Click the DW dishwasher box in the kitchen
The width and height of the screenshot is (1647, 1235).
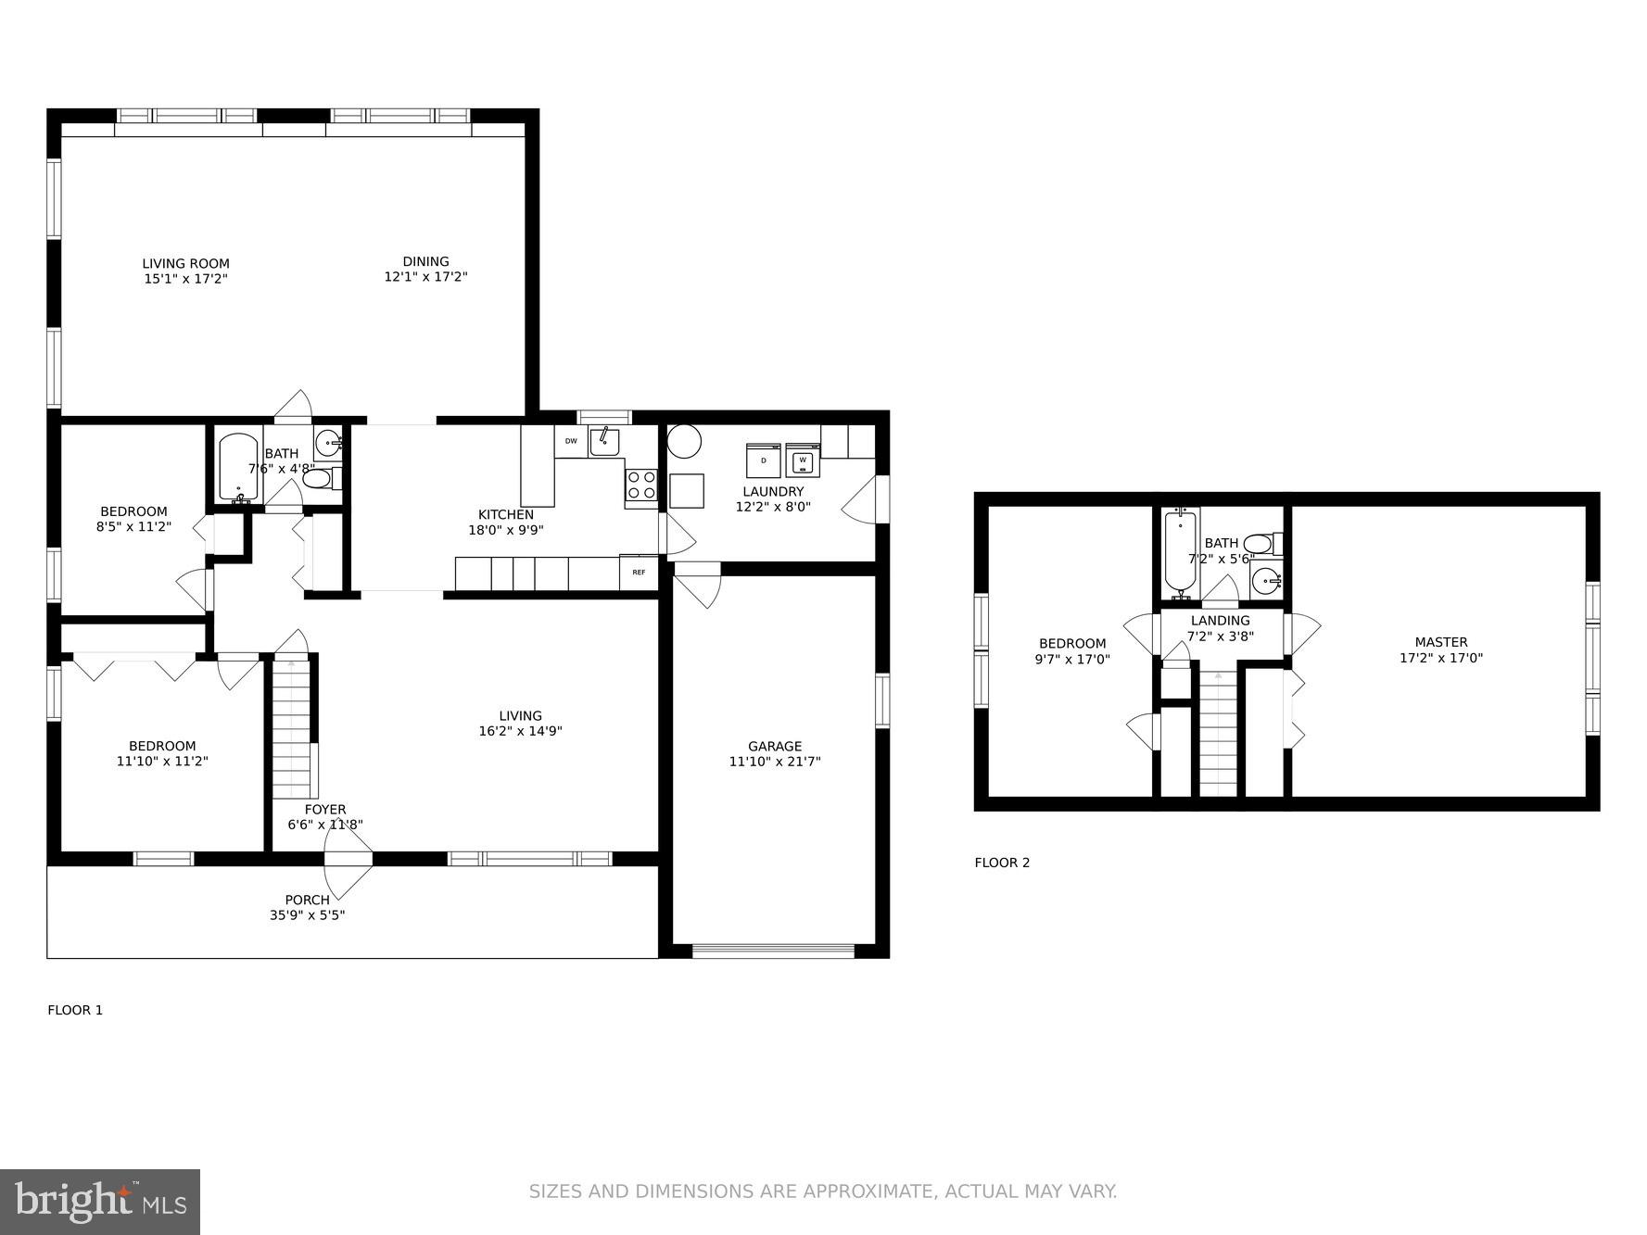(x=571, y=442)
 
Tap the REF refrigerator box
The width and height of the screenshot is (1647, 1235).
(x=639, y=573)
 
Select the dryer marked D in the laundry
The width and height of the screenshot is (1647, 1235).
(x=764, y=460)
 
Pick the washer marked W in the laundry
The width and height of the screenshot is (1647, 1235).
(x=803, y=460)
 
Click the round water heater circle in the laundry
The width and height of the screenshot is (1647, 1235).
(x=684, y=441)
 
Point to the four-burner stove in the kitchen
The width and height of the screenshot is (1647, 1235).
(x=641, y=485)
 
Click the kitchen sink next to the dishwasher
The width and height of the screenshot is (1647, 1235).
(x=604, y=442)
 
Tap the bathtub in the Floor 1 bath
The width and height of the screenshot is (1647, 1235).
(x=238, y=468)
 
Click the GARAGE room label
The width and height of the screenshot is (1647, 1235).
(x=775, y=746)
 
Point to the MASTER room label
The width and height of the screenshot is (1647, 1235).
(x=1440, y=642)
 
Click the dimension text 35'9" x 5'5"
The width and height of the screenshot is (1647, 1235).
(x=307, y=915)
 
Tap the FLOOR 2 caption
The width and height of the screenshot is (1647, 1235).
(x=1002, y=863)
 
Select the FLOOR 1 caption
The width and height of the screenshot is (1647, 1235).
(x=75, y=1010)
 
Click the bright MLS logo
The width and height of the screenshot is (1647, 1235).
(x=100, y=1202)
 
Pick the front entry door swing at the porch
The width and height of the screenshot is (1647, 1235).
(x=347, y=871)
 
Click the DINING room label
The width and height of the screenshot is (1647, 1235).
(x=425, y=261)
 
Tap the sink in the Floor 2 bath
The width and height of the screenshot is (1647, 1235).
(x=1266, y=582)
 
